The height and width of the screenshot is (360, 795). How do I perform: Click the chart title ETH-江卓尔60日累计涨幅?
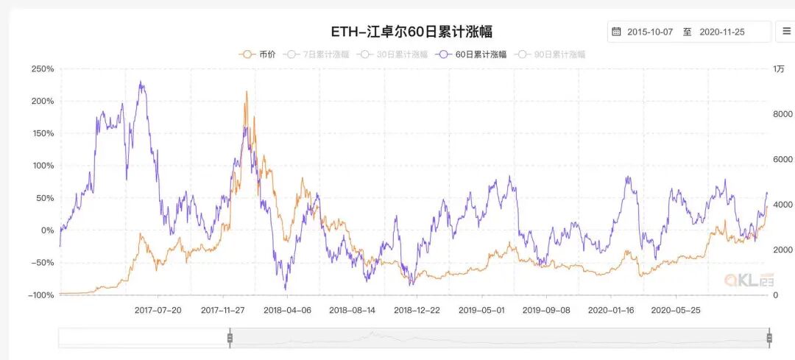410,32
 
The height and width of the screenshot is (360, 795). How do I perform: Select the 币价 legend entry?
258,54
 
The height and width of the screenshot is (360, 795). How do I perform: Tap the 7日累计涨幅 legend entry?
318,54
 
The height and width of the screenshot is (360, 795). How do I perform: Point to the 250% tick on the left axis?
42,69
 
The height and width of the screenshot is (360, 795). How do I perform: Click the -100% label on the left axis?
40,295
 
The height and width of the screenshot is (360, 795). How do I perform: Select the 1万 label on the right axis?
779,69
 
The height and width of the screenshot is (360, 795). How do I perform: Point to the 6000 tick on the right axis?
782,160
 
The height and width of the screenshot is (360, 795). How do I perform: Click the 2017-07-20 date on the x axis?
158,310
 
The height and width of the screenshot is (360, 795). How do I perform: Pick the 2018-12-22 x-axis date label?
417,310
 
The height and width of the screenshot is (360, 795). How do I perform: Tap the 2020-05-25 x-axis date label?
676,310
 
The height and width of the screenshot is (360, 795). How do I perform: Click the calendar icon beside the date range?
616,32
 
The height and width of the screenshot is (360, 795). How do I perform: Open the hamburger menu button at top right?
785,32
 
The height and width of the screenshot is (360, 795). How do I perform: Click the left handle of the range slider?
230,338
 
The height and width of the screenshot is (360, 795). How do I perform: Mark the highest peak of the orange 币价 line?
247,91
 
